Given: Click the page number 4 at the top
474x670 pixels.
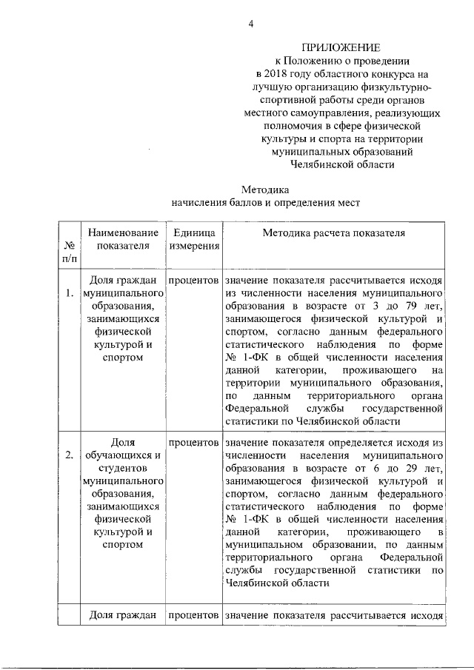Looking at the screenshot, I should pos(250,24).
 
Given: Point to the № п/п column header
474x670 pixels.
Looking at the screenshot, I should pos(68,252).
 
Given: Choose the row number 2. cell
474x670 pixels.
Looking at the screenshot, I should pos(68,455).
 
